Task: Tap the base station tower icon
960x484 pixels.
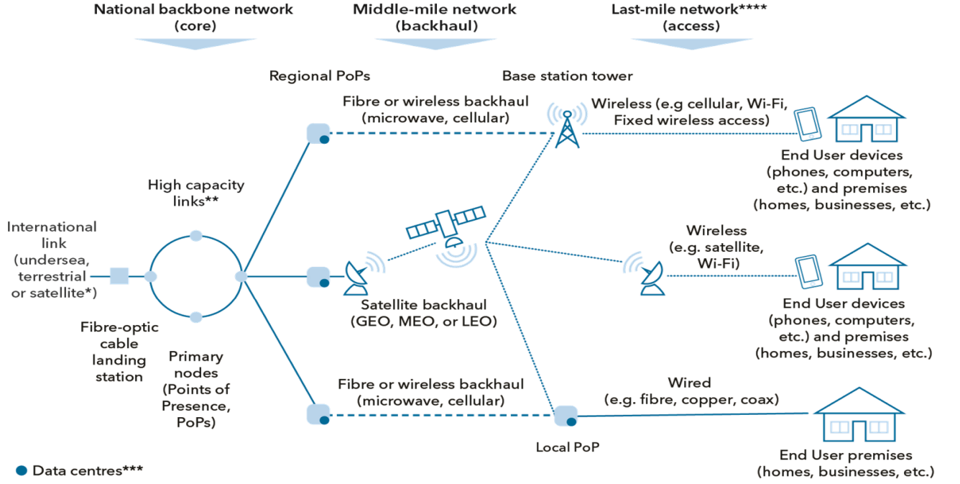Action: coord(567,129)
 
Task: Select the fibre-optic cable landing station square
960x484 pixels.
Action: coord(119,275)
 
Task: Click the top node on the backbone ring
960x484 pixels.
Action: coord(195,235)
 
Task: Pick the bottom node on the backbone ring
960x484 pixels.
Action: coord(195,316)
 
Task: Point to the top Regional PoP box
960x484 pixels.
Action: coord(318,134)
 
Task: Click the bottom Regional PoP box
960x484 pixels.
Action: coord(318,415)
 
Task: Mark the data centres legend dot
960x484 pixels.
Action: coord(22,470)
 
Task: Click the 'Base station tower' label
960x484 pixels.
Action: coord(568,76)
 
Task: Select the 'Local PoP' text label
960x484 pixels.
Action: coord(568,447)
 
